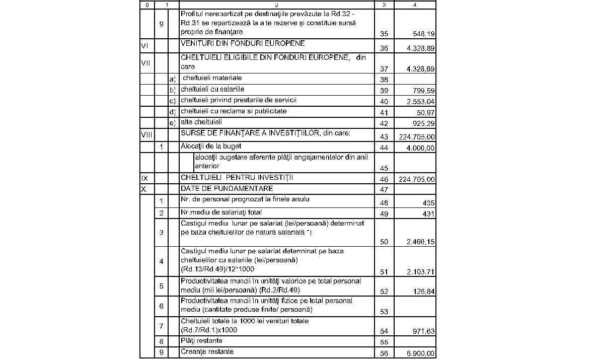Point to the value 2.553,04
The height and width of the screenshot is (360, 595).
point(420,101)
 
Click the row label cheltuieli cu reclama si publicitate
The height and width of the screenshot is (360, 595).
point(233,111)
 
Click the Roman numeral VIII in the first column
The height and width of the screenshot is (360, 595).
point(146,134)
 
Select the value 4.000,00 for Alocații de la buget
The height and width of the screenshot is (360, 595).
point(420,148)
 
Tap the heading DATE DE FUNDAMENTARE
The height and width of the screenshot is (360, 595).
point(227,189)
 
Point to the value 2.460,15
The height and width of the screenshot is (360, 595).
point(420,242)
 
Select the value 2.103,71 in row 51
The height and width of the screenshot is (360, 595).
point(420,272)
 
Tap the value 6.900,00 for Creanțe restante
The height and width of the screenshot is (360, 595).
point(420,354)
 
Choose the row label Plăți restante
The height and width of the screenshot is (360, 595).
point(201,341)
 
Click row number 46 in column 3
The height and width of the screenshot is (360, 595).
point(384,179)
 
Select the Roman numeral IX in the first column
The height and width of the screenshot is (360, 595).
point(144,178)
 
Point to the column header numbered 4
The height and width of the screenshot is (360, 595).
point(415,5)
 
